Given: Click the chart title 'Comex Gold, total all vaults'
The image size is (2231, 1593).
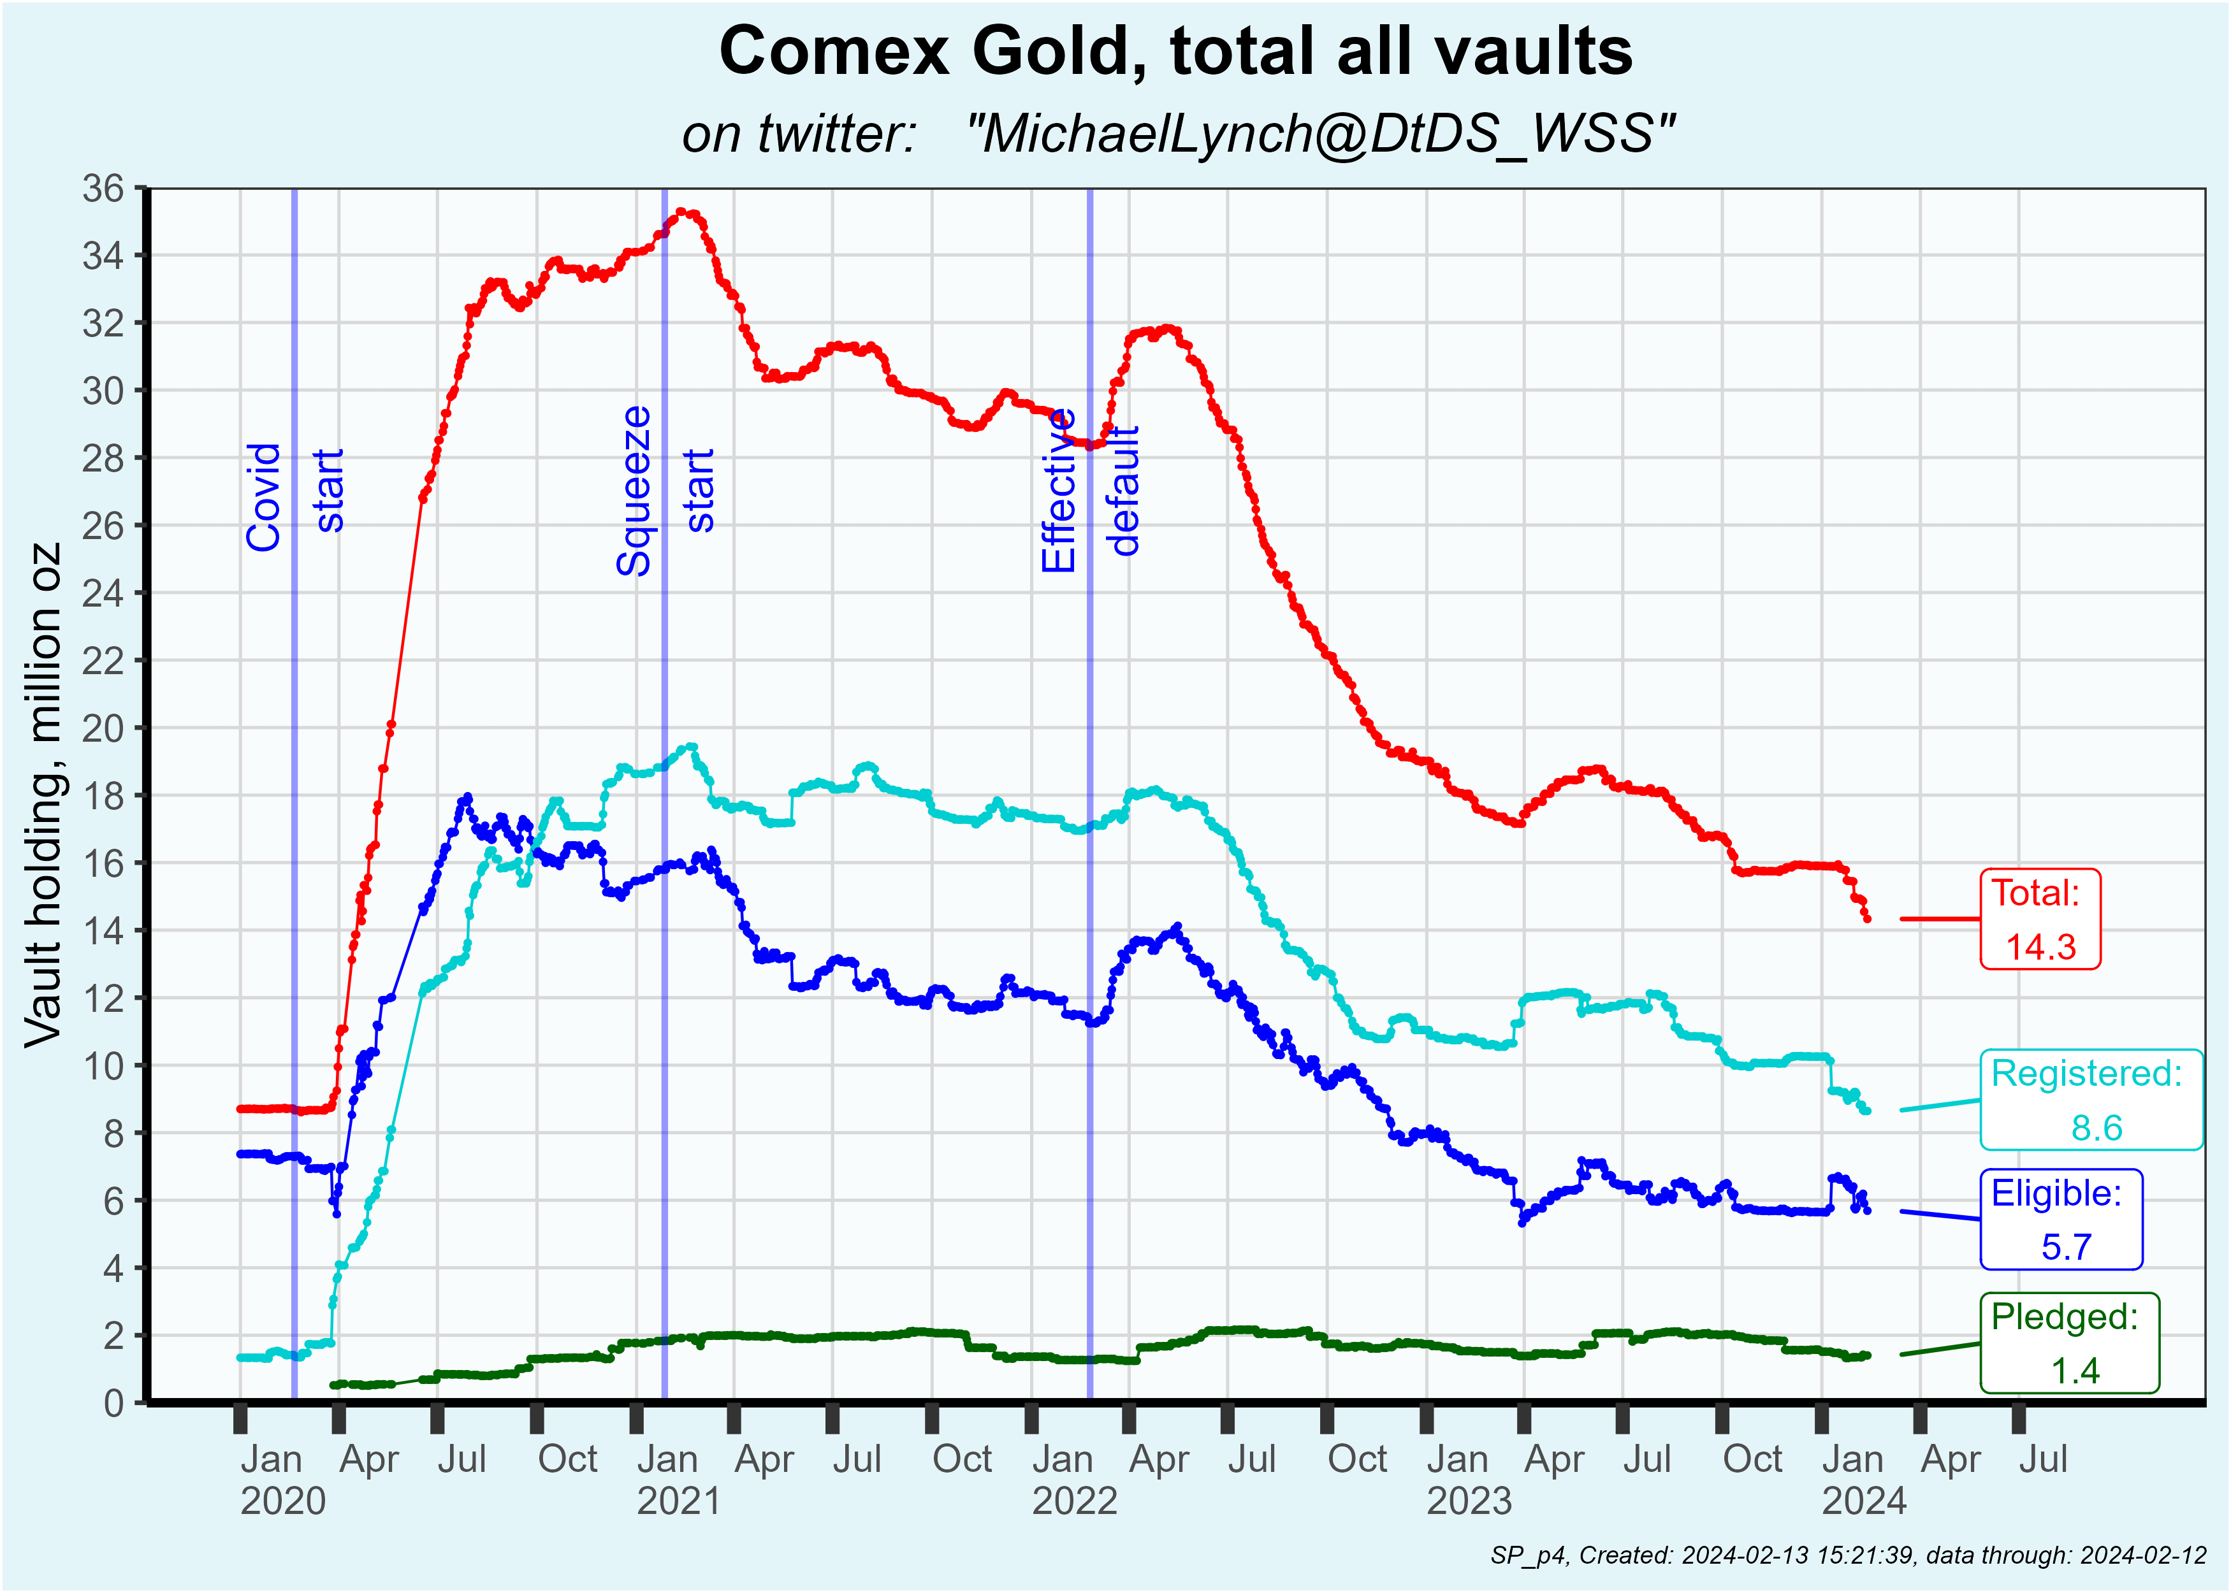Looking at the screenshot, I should click(1175, 51).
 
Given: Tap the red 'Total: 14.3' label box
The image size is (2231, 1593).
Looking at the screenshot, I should click(2040, 919).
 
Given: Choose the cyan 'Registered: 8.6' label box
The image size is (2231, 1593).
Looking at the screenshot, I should click(2091, 1100).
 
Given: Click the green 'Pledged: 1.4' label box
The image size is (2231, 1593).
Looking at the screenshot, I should click(2069, 1343).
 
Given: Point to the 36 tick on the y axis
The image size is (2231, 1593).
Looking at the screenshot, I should click(103, 189).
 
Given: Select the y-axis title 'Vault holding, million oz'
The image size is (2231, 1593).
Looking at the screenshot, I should click(44, 795).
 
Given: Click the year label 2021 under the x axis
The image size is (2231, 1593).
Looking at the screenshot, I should click(678, 1501).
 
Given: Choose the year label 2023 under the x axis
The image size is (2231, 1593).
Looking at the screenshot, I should click(1469, 1501).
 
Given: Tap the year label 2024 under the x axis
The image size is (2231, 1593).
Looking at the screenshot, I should click(1864, 1501).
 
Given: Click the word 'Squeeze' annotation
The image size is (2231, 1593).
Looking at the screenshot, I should click(634, 491).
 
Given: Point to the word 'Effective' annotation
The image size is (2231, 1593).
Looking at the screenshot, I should click(1059, 491).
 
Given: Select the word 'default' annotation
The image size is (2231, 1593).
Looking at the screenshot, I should click(1123, 491).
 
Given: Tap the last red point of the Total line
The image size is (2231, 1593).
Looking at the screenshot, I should click(1867, 919).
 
